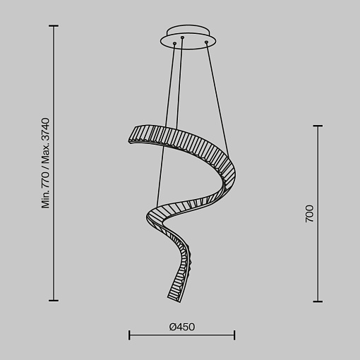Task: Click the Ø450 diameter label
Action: click(182, 327)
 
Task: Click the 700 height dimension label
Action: click(309, 214)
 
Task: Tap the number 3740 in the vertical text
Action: click(45, 130)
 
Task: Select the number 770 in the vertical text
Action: click(45, 179)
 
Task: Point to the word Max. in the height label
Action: click(45, 155)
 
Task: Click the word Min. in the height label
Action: click(45, 200)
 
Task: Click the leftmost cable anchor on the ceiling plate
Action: click(174, 44)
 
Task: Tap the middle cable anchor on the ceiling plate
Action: click(182, 37)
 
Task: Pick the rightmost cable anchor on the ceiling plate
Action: click(206, 42)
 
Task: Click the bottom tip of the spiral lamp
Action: click(180, 302)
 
